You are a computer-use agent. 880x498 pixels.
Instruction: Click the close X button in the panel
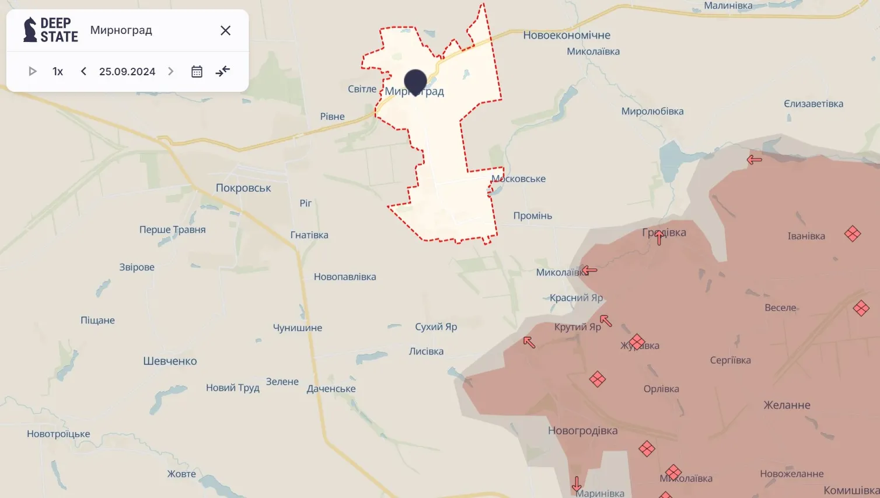(x=225, y=30)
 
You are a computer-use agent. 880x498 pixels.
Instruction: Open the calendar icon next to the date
(x=197, y=71)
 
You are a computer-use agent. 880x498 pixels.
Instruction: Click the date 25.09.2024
(x=127, y=71)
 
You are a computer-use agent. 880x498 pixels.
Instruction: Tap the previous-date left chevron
(x=83, y=71)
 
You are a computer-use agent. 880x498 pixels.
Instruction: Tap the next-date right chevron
(x=170, y=71)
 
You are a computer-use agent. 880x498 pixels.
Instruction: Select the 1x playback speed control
(x=58, y=71)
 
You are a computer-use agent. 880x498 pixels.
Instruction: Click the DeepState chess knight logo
(x=30, y=30)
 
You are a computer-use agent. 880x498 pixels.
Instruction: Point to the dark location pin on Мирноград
(x=415, y=82)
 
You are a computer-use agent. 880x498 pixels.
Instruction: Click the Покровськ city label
(x=243, y=188)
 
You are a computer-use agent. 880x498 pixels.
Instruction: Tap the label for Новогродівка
(x=582, y=431)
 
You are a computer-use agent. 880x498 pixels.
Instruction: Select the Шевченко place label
(x=170, y=361)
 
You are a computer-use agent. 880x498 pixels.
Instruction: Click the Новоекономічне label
(x=567, y=35)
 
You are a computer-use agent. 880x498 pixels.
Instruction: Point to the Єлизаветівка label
(x=813, y=104)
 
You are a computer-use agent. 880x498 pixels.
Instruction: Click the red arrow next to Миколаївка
(x=589, y=270)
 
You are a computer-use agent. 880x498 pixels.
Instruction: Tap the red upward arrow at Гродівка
(x=659, y=237)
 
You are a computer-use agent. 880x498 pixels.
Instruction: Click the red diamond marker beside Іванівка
(x=853, y=234)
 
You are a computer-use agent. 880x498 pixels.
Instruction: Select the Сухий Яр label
(x=436, y=326)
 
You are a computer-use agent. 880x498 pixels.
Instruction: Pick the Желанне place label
(x=787, y=405)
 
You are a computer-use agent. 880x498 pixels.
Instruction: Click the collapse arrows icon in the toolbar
(x=222, y=71)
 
